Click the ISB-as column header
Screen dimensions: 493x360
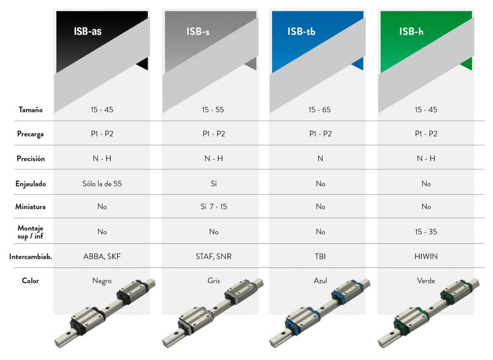88,31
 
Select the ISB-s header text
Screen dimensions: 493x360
198,31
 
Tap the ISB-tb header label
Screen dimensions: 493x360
301,31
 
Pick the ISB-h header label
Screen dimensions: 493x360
411,31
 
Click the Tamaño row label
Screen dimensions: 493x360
30,109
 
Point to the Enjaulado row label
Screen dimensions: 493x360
30,184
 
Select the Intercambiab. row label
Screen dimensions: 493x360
30,256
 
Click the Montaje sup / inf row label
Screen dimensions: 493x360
30,232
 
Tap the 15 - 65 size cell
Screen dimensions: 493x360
320,109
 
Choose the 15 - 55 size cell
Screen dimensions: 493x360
213,109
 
